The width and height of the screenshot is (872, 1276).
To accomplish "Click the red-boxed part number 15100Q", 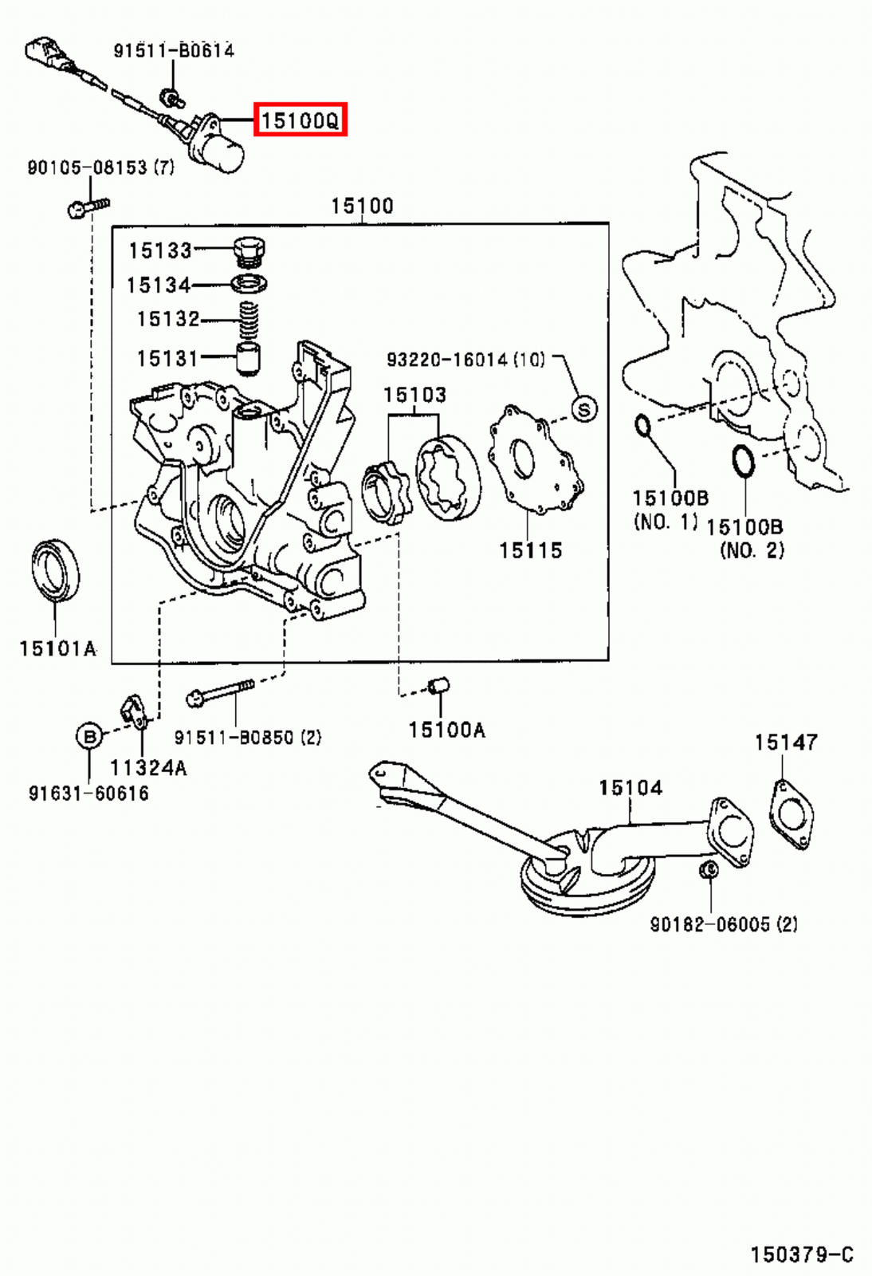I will click(x=300, y=120).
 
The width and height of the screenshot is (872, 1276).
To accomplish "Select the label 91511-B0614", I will click(x=174, y=50).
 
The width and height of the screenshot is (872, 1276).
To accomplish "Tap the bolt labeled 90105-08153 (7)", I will click(x=86, y=207).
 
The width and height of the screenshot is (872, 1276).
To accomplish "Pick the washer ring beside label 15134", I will click(x=250, y=283).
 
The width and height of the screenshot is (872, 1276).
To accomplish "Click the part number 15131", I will click(x=167, y=358).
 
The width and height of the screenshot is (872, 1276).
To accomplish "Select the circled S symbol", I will click(x=584, y=409).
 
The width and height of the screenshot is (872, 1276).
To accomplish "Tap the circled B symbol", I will click(x=89, y=735).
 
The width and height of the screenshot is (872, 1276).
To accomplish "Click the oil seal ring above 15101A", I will click(x=55, y=568).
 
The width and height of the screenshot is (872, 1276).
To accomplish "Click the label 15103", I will click(x=414, y=395).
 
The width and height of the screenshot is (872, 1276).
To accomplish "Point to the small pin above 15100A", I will click(x=439, y=685).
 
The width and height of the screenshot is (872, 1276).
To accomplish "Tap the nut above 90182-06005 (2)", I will click(x=706, y=869).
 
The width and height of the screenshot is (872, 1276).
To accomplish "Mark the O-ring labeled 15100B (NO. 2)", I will click(x=744, y=462).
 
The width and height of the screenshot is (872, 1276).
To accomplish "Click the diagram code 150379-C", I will click(x=801, y=1254).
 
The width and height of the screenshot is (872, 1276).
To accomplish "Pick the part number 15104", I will click(x=630, y=788).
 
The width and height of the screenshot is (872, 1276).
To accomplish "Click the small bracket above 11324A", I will click(x=134, y=711).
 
